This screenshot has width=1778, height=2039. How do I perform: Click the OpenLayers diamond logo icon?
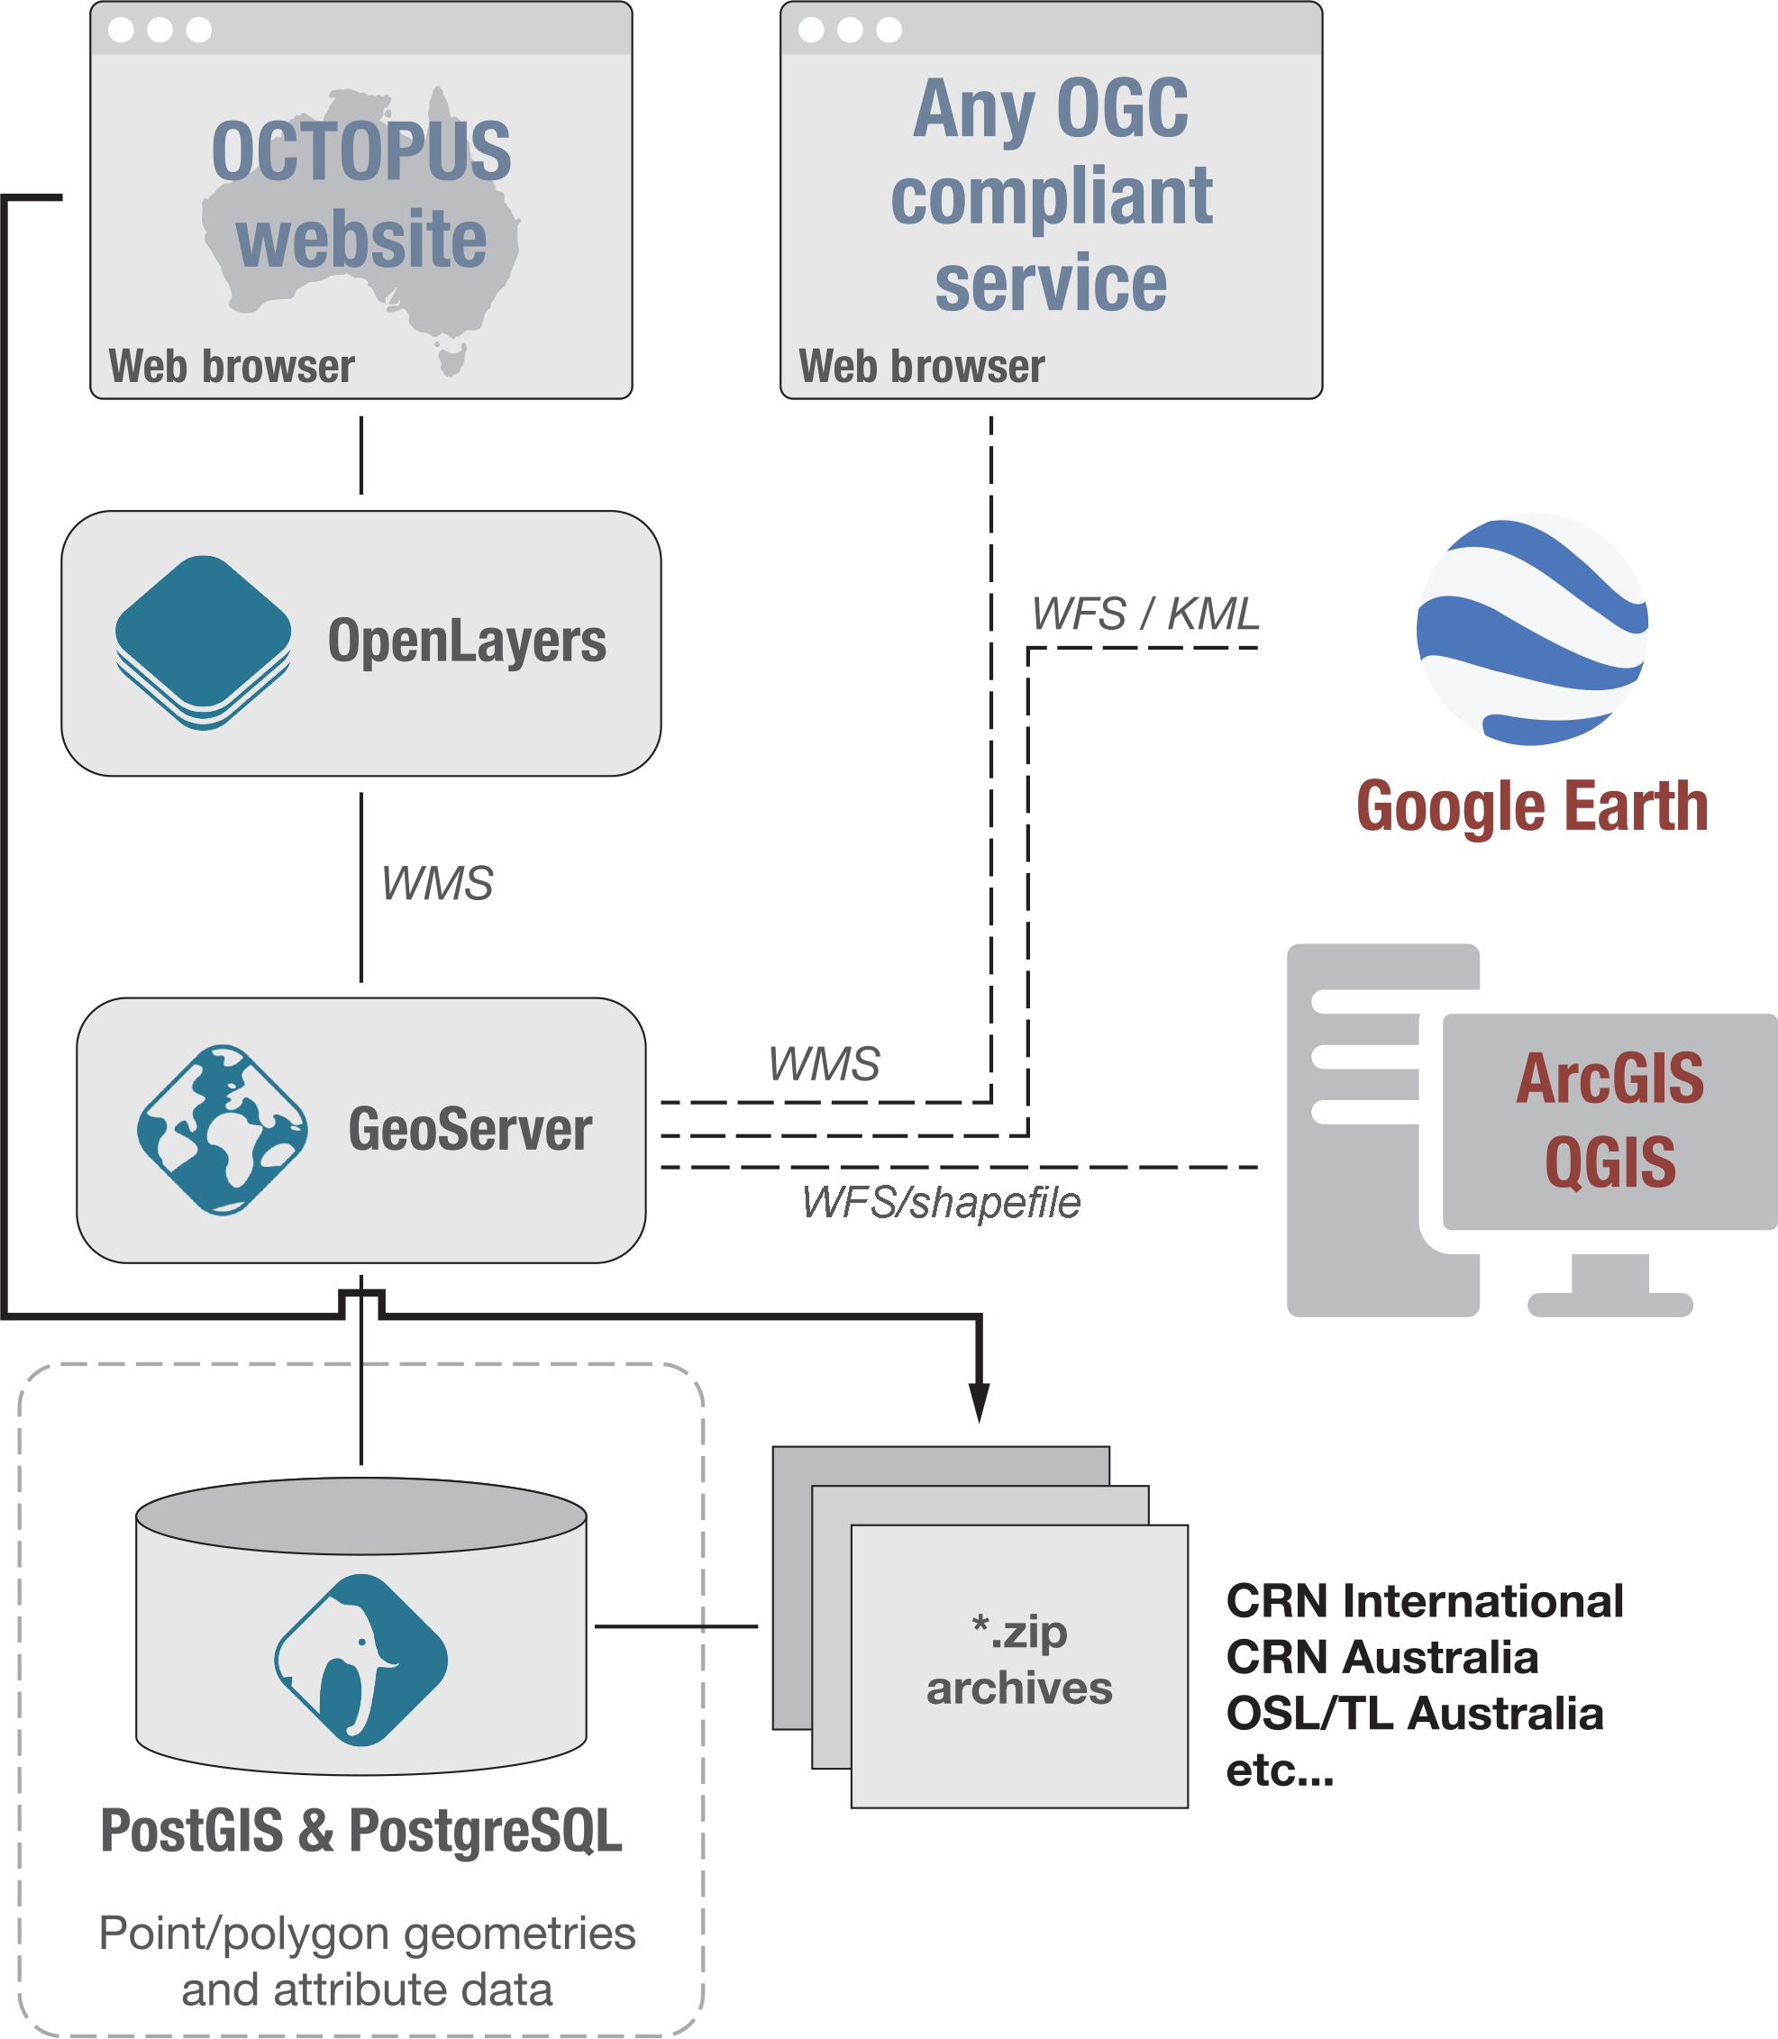pos(204,641)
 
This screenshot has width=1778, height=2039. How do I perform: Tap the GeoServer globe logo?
pos(223,1129)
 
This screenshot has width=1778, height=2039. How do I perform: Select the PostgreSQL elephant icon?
pos(361,1659)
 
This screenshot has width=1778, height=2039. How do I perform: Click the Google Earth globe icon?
pos(1532,629)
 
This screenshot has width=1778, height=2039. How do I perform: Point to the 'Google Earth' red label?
pos(1532,806)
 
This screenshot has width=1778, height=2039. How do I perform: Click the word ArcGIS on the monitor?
pos(1609,1079)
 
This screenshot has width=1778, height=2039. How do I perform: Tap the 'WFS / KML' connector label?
pos(1145,614)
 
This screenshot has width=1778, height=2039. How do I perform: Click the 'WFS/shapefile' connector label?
pos(941,1203)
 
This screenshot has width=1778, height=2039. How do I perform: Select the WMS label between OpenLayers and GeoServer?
pos(436,883)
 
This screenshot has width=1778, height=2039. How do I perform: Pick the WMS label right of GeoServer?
pos(824,1064)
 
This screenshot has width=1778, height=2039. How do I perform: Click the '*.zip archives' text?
pos(1019,1659)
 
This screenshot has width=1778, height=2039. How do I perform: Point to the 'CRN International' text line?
pos(1424,1601)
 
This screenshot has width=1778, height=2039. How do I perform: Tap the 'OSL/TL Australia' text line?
pos(1414,1714)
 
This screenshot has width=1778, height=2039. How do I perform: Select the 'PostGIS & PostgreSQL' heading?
pos(361,1831)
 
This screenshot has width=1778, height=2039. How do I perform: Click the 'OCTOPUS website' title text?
pos(361,195)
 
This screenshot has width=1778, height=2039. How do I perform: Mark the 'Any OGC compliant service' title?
pos(1051,195)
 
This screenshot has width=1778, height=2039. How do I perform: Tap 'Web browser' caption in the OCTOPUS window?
pos(232,366)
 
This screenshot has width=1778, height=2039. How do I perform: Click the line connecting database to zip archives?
pos(676,1626)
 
